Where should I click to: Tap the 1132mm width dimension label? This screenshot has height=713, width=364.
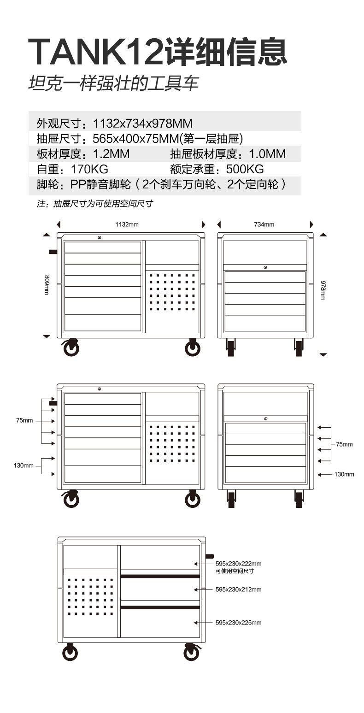click(x=127, y=224)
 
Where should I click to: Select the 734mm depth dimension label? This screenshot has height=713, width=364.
click(x=264, y=224)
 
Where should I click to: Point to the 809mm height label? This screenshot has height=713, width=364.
click(x=47, y=285)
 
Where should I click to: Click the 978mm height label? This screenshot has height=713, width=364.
click(x=323, y=290)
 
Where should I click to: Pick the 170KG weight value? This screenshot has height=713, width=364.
click(x=89, y=169)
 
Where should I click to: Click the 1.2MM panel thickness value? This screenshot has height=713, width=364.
click(x=111, y=154)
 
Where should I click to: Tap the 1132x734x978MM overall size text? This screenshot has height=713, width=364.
click(x=142, y=124)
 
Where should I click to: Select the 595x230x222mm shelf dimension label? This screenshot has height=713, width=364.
click(x=238, y=564)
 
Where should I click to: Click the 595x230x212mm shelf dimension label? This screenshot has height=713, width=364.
click(x=238, y=589)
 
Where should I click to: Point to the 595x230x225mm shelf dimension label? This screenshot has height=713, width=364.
click(x=238, y=623)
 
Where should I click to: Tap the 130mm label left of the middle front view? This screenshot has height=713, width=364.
click(x=23, y=466)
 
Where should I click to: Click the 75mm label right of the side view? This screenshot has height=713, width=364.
click(x=344, y=444)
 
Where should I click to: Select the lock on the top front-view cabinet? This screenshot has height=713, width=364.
click(x=100, y=237)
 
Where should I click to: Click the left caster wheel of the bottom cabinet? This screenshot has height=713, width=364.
click(x=70, y=653)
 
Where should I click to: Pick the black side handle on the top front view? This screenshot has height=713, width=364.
click(x=53, y=252)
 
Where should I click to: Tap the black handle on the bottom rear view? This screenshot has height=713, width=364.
click(x=210, y=556)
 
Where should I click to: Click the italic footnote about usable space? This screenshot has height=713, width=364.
click(x=94, y=204)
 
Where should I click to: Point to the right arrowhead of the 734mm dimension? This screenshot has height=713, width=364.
click(x=311, y=224)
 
